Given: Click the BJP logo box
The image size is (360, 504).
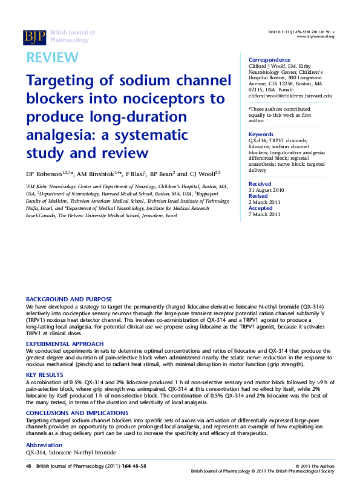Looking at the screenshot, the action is click(34, 37).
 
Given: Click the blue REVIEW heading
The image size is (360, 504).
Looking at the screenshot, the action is click(52, 57).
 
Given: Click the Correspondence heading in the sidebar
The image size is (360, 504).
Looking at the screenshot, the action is click(269, 60).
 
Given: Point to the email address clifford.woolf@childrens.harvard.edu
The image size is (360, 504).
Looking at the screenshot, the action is click(290, 96).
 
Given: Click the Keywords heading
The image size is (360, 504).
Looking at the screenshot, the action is click(261, 134).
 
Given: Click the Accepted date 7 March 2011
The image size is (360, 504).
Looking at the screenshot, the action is click(264, 214).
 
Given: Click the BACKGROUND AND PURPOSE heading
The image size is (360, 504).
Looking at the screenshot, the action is click(69, 299).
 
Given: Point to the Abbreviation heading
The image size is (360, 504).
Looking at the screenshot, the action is click(44, 445).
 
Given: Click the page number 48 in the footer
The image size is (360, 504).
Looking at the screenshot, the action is click(28, 466).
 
